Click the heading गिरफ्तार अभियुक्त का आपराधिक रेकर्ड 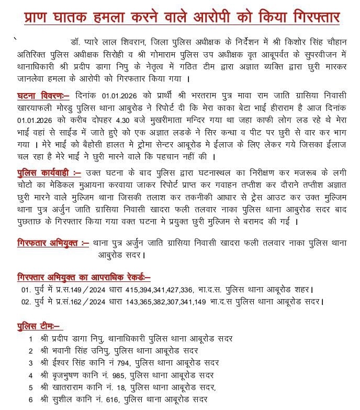pos(84,277)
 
